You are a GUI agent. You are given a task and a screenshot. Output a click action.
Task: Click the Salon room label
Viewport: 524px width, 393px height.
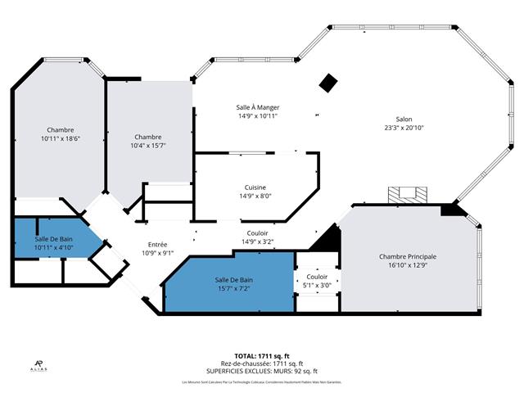coord(404,118)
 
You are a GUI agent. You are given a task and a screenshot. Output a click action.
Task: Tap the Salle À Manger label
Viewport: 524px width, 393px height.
coord(258,107)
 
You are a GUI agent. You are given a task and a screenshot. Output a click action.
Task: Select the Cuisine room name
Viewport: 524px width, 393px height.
coord(255,187)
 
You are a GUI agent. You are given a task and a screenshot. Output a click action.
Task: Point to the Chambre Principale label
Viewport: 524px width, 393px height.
coord(408,256)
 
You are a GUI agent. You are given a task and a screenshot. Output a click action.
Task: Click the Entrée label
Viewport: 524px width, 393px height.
coord(157,244)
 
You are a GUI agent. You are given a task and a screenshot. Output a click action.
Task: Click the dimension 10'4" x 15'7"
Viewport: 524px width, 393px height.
coord(148,146)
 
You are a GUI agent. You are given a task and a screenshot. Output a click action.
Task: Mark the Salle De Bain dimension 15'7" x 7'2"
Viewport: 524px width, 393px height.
coord(233,289)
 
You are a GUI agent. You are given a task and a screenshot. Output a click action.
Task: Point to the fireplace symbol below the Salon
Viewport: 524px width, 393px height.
coord(407,194)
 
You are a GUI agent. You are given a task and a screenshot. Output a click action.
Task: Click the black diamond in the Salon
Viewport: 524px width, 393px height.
coord(329,83)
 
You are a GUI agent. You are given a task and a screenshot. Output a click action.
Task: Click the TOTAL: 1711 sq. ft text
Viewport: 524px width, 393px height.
coord(261,355)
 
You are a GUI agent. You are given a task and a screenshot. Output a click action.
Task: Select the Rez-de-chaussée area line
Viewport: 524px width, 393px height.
coord(261,364)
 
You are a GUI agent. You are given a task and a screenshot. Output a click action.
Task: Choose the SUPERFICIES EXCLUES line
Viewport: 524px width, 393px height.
coord(261,371)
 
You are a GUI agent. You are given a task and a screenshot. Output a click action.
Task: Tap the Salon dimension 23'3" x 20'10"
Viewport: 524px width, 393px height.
coord(404,127)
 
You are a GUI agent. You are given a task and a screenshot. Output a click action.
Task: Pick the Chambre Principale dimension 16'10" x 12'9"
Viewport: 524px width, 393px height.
coord(408,265)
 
